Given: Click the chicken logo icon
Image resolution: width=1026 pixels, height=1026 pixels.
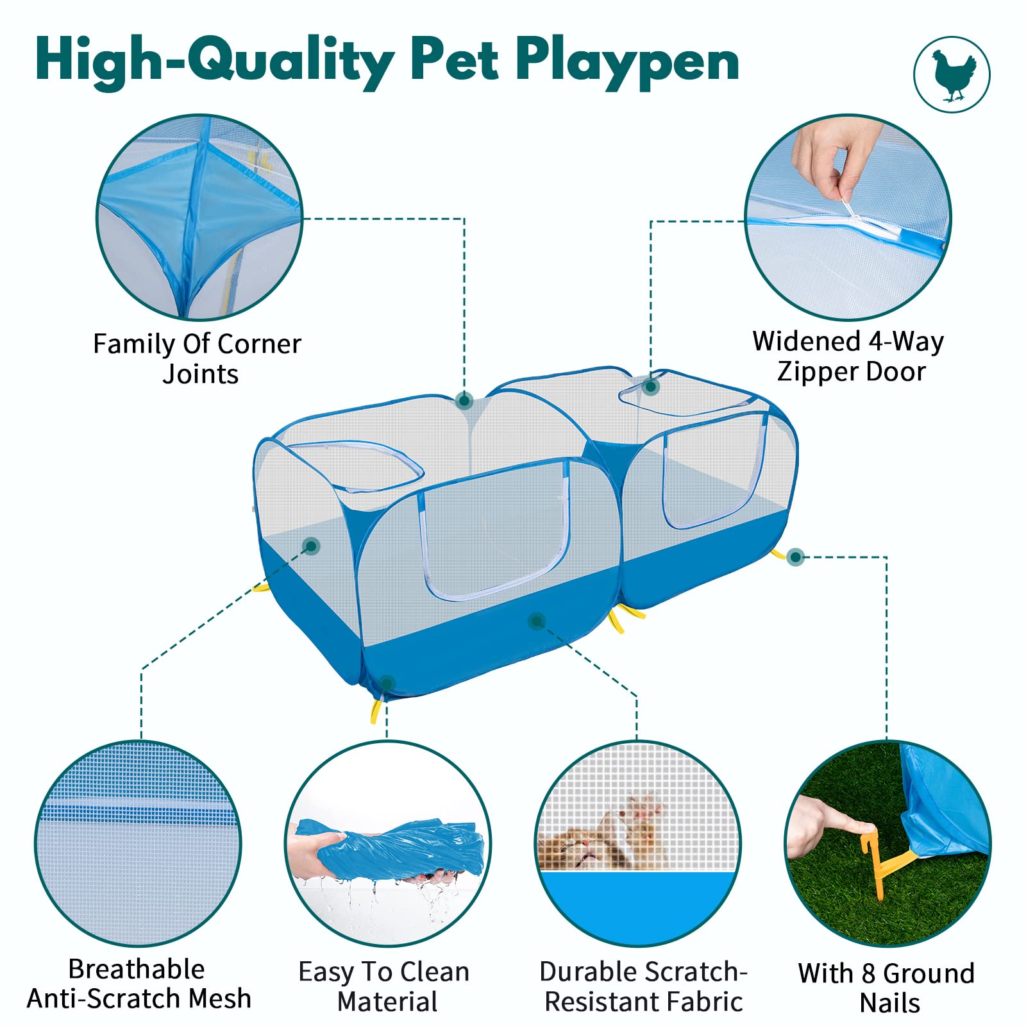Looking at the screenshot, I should point(952,74).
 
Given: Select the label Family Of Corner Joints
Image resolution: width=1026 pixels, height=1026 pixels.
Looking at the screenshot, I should point(198,358).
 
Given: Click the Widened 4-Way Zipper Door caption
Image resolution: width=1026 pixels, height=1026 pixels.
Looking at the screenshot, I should point(848,357).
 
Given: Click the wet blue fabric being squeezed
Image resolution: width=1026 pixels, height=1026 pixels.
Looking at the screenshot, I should point(398,846).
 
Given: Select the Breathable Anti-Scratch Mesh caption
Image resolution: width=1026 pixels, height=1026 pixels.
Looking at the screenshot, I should point(137,984).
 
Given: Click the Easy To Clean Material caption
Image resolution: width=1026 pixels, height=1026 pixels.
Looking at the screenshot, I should point(385,986).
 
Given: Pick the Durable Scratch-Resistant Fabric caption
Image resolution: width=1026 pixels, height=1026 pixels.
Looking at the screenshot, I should point(643,986).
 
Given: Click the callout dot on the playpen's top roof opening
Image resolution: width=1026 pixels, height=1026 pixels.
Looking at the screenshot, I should point(651,387).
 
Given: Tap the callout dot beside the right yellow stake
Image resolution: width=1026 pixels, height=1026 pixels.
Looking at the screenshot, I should point(795,557).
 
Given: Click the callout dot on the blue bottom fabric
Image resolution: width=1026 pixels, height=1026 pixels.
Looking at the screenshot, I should point(536,620).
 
